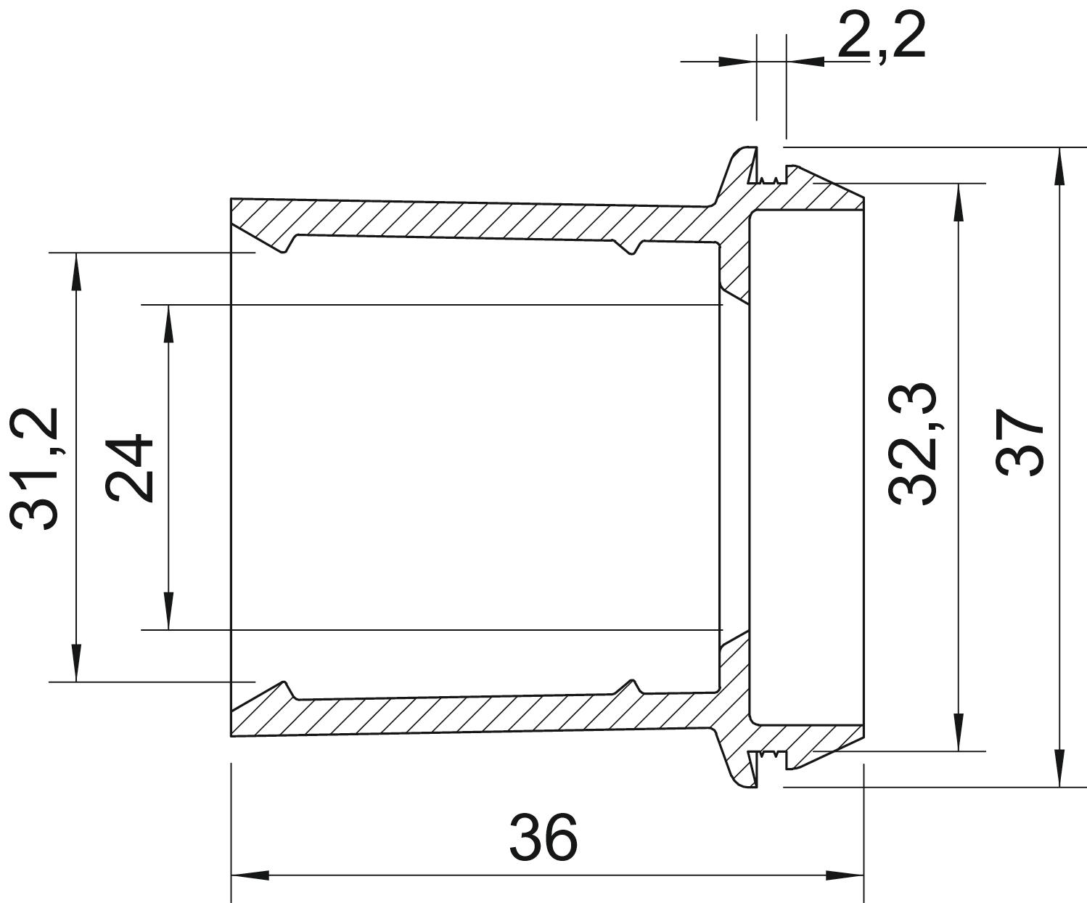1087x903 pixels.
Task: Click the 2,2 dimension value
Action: (882, 36)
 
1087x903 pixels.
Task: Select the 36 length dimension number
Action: (543, 837)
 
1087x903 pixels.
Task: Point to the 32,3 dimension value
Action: (913, 444)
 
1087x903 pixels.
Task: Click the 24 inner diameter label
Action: (128, 467)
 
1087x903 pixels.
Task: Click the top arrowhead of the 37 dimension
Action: (1059, 167)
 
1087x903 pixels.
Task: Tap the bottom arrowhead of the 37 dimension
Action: (1059, 769)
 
